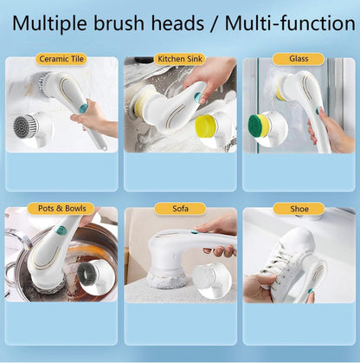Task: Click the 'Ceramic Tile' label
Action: [x=61, y=60]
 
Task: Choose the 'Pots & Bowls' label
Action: [x=61, y=209]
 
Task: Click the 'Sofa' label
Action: [x=179, y=209]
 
